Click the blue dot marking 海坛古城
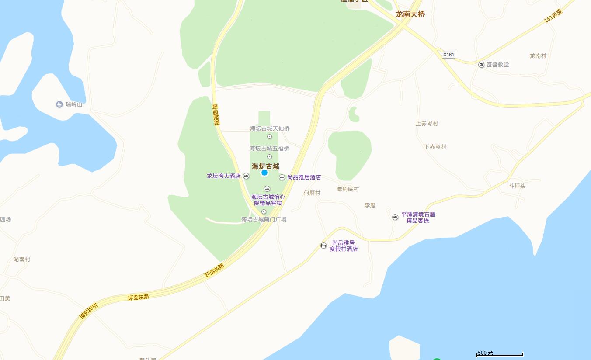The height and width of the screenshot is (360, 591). pyautogui.click(x=264, y=173)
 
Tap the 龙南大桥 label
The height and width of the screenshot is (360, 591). pyautogui.click(x=410, y=14)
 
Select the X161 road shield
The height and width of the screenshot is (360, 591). pyautogui.click(x=448, y=55)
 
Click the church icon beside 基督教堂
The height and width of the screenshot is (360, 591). pyautogui.click(x=481, y=65)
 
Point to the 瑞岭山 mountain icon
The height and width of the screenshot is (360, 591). pyautogui.click(x=59, y=104)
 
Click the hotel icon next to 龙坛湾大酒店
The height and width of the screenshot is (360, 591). pyautogui.click(x=246, y=176)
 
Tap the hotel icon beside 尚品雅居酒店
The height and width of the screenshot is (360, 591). pyautogui.click(x=282, y=177)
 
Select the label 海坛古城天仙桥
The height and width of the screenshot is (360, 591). pyautogui.click(x=270, y=128)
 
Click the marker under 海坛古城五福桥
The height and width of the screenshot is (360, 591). pyautogui.click(x=269, y=157)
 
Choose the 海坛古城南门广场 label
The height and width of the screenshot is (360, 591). pyautogui.click(x=264, y=219)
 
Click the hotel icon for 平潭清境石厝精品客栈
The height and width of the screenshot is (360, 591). pyautogui.click(x=395, y=217)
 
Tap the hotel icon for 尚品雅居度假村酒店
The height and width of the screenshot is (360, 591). pyautogui.click(x=323, y=246)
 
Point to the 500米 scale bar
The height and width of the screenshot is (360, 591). pyautogui.click(x=499, y=354)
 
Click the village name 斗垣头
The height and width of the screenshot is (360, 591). pyautogui.click(x=517, y=186)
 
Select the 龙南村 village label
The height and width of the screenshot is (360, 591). pyautogui.click(x=538, y=56)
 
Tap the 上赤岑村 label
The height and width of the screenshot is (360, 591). pyautogui.click(x=427, y=124)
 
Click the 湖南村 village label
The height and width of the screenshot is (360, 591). pyautogui.click(x=22, y=260)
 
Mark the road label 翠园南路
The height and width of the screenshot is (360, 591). pyautogui.click(x=216, y=115)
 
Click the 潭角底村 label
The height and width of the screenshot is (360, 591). pyautogui.click(x=348, y=189)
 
